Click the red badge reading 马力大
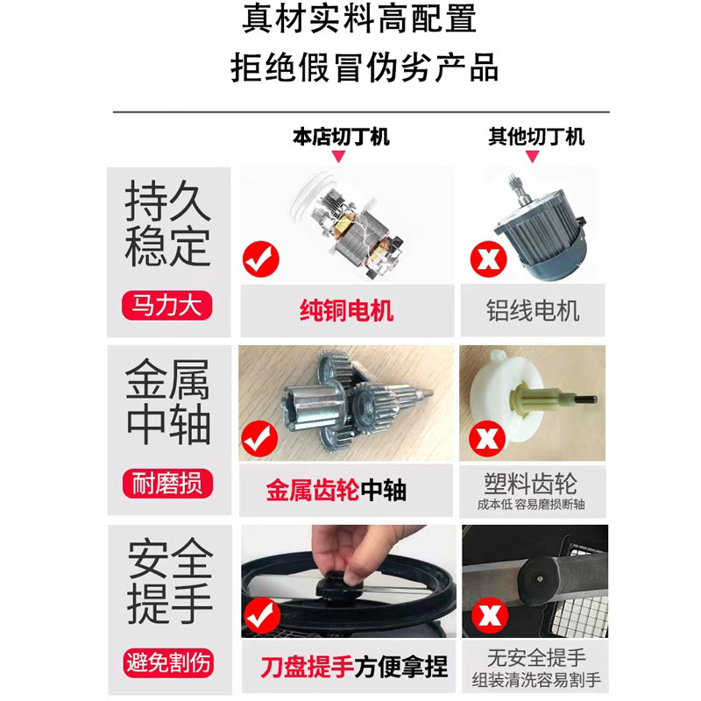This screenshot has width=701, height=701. pos(167,307)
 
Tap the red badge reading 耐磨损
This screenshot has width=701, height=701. pos(167,484)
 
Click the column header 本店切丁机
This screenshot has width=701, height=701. pos(341,137)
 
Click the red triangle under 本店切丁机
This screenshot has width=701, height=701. pos(340,156)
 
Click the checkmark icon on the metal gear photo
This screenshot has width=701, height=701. pos(259,437)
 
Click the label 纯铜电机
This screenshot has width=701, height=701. pos(347,310)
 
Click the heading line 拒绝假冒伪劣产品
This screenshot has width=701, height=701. pos(363,67)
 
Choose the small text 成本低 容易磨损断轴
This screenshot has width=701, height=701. pos(531,505)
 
